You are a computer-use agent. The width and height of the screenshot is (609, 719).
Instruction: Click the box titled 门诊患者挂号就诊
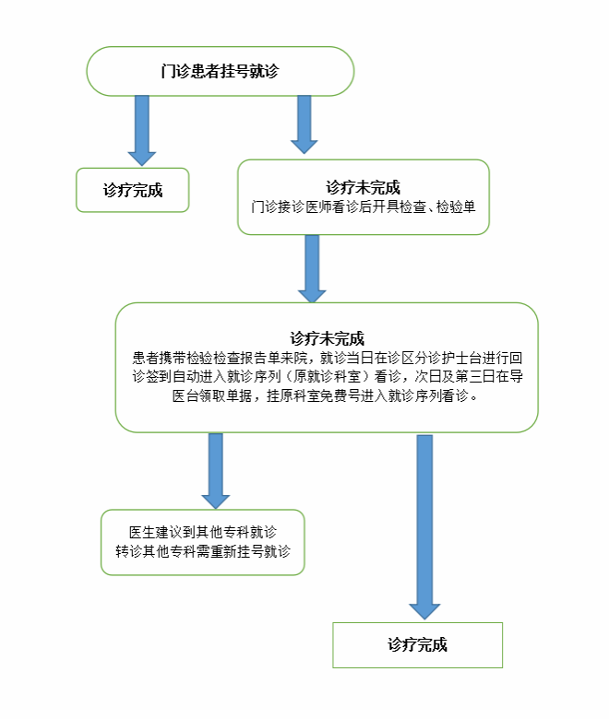coord(221,71)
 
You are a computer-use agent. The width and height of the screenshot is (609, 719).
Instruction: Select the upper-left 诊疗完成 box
coord(133,190)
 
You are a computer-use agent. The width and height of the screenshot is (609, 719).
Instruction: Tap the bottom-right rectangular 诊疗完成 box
coord(418,644)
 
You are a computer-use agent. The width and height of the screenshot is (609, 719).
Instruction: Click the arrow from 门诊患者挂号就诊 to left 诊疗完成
coord(142,130)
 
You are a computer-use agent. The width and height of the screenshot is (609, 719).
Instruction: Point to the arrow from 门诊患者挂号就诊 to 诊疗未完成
coord(304,124)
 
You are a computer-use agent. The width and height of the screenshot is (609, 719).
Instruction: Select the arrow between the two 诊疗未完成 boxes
coord(312,269)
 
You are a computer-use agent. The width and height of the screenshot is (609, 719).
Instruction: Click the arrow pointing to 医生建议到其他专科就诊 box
coord(216,470)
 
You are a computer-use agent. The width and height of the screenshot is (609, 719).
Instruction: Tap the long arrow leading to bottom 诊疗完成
coord(424,527)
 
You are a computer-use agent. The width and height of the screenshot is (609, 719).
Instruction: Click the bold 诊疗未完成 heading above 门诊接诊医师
coord(363,187)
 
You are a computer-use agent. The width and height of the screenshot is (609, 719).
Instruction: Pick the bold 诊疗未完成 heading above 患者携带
coord(327,338)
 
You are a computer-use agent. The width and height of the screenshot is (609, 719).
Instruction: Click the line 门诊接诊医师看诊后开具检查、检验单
coord(363,206)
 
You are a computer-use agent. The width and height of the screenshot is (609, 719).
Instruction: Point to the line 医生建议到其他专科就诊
coord(203,532)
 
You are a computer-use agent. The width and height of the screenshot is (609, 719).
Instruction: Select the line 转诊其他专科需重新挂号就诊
coord(203,550)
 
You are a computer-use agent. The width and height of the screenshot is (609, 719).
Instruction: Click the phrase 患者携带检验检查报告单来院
coord(220,358)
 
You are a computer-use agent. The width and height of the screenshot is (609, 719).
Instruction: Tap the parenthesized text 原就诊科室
coord(327,376)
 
